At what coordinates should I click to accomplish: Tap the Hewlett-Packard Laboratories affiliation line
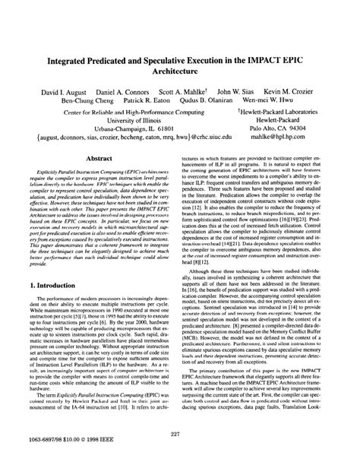(x=274, y=111)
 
